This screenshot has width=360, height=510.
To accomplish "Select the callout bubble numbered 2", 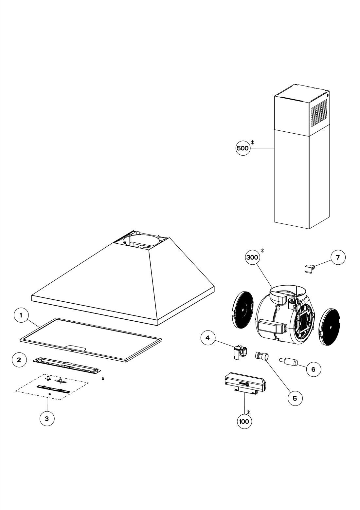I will pos(19,360).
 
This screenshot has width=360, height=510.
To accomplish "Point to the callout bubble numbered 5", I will pos(295,398).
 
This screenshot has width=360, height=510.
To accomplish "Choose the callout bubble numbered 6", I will pos(313,369).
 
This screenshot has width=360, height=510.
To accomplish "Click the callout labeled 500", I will pos(243,148).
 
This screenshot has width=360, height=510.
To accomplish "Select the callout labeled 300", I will pos(253,257).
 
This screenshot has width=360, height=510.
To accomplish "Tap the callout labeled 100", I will pos(244,422).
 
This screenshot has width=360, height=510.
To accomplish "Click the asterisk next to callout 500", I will pos(253,142).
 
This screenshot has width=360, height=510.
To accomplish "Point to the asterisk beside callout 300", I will pos(262,251).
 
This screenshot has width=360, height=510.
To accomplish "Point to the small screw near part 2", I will pos(103,379).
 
